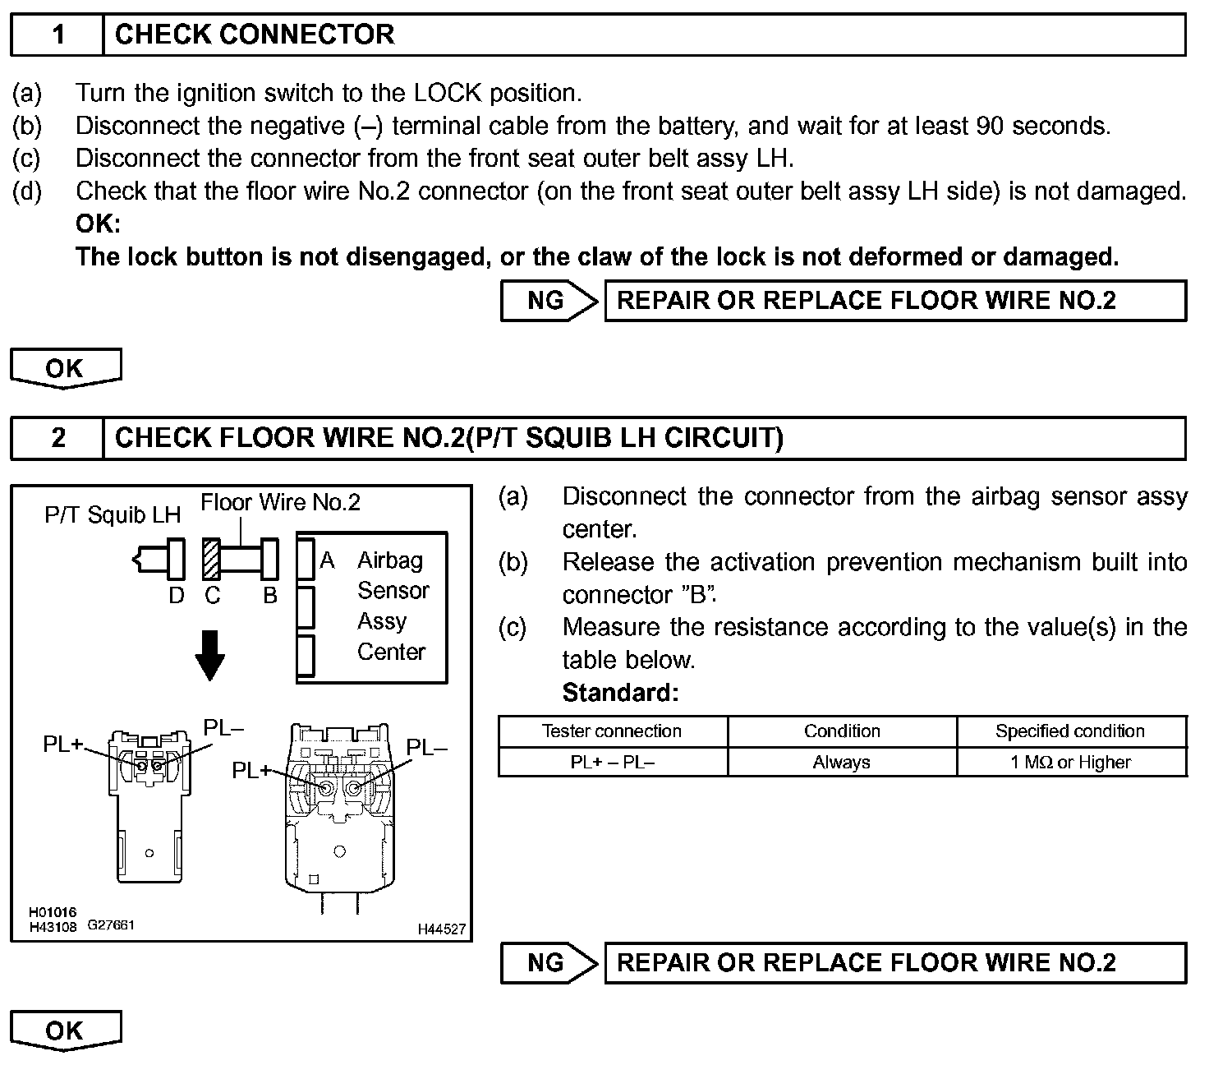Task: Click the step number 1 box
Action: coord(57,35)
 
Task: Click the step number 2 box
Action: coord(57,437)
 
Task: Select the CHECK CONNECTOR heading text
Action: coord(255,35)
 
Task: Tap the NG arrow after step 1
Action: coord(549,301)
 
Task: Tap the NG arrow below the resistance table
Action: coord(549,962)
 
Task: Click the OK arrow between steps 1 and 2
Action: coord(65,368)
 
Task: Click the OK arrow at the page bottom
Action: coord(65,1030)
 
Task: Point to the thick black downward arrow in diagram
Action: coord(211,655)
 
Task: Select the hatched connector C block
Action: coord(212,560)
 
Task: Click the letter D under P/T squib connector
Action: coord(177,596)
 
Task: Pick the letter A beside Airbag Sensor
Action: coord(327,560)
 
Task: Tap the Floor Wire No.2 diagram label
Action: coord(280,502)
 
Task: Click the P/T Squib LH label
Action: coord(113,515)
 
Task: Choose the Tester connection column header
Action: coord(612,731)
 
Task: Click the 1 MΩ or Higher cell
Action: coord(1070,763)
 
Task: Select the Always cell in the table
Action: coord(841,763)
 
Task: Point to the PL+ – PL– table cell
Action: coord(612,763)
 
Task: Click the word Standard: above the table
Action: coord(620,693)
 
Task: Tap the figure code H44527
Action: coord(442,929)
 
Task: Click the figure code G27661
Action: coord(111,925)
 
